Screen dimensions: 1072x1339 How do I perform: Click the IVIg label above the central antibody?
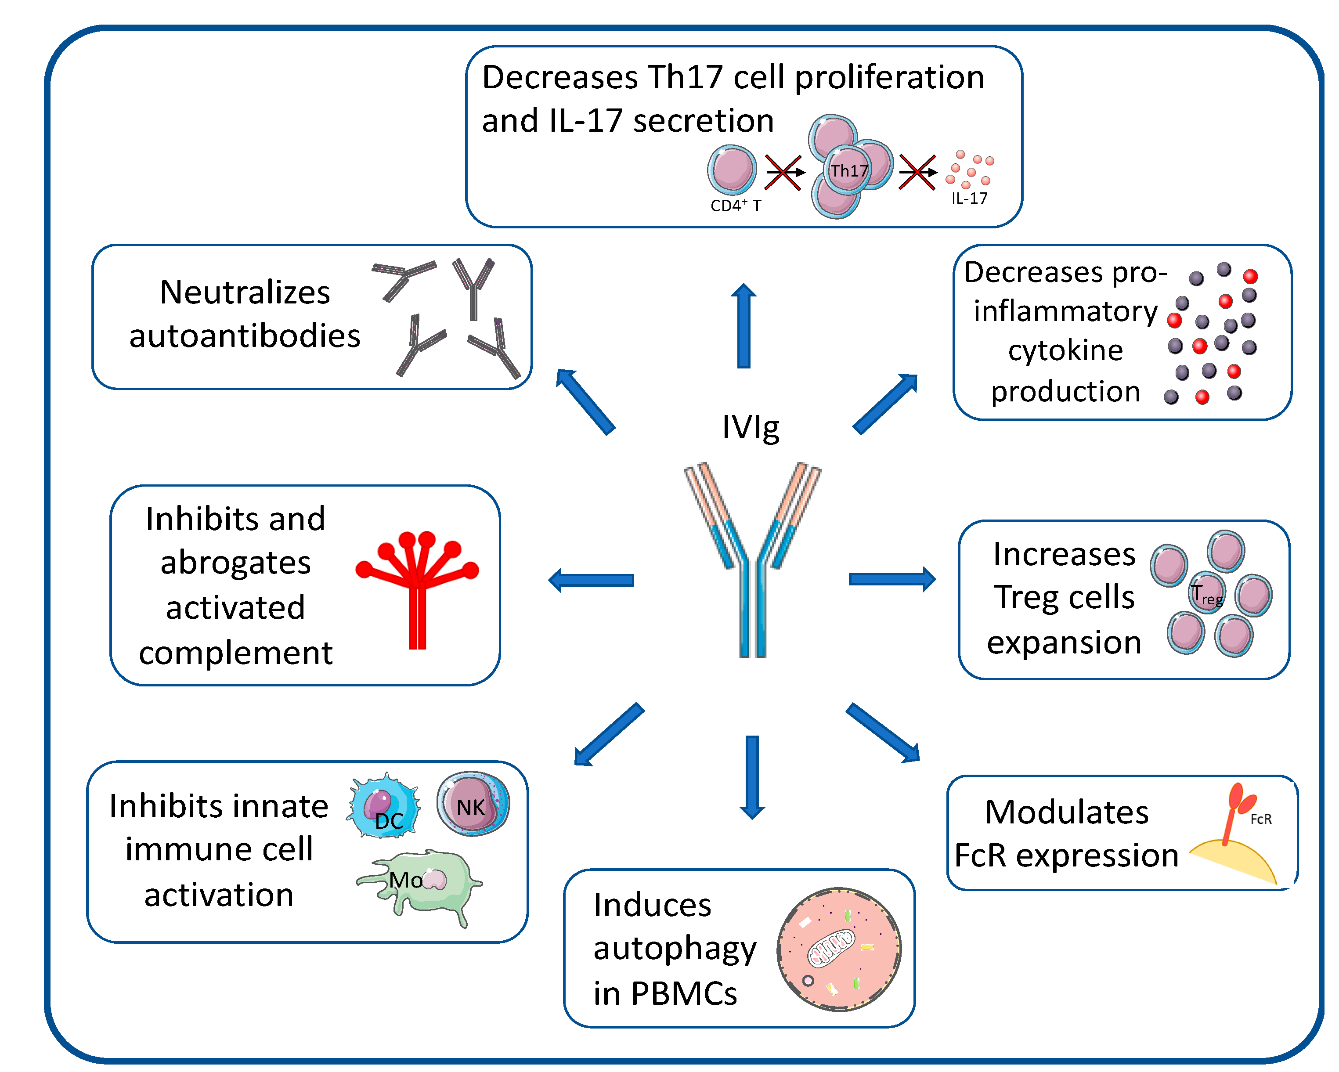coord(750,427)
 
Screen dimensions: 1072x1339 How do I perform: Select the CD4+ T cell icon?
coord(732,169)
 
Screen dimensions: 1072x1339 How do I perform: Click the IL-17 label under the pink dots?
coord(969,199)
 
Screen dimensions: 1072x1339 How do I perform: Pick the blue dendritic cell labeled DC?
coord(384,806)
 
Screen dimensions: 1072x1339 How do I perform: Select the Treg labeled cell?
coord(1206,593)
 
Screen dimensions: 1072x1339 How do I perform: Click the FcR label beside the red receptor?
coord(1261,819)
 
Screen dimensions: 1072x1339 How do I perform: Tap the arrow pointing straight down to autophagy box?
coord(752,776)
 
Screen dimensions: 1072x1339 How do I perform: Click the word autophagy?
coord(675,949)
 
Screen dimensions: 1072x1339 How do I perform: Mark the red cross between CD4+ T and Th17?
coord(783,172)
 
